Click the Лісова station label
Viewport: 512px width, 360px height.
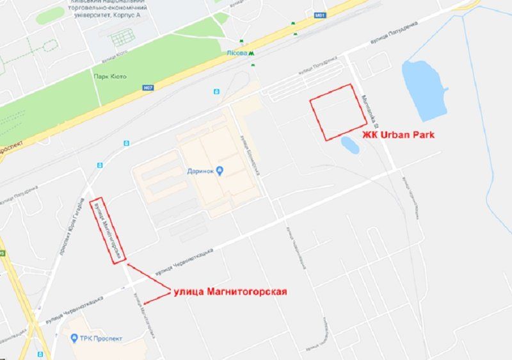tap(237, 54)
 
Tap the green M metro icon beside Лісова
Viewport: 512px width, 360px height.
tap(252, 54)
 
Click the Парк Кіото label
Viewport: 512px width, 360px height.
tap(109, 76)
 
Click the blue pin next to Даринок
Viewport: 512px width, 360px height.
tap(220, 170)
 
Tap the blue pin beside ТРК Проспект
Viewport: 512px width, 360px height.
tap(75, 338)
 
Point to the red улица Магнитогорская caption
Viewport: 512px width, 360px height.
tap(230, 292)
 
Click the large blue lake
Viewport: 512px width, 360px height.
tap(422, 90)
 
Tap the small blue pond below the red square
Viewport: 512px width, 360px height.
tap(350, 145)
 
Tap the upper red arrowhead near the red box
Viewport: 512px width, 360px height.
tap(128, 263)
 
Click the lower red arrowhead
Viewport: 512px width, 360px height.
tap(146, 303)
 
